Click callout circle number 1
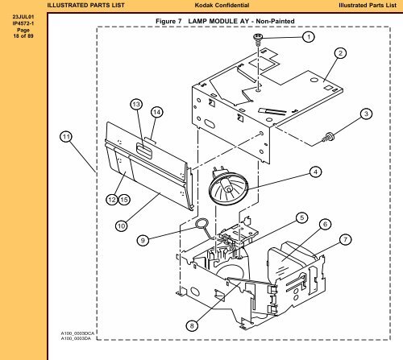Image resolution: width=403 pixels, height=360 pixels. (x=309, y=36)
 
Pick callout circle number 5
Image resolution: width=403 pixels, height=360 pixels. (x=301, y=217)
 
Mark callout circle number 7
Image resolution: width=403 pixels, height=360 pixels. (x=345, y=239)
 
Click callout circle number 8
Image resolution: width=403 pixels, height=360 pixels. (x=191, y=325)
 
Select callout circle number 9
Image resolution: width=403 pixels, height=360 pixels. (x=142, y=239)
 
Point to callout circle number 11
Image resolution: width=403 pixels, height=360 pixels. (x=64, y=137)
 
